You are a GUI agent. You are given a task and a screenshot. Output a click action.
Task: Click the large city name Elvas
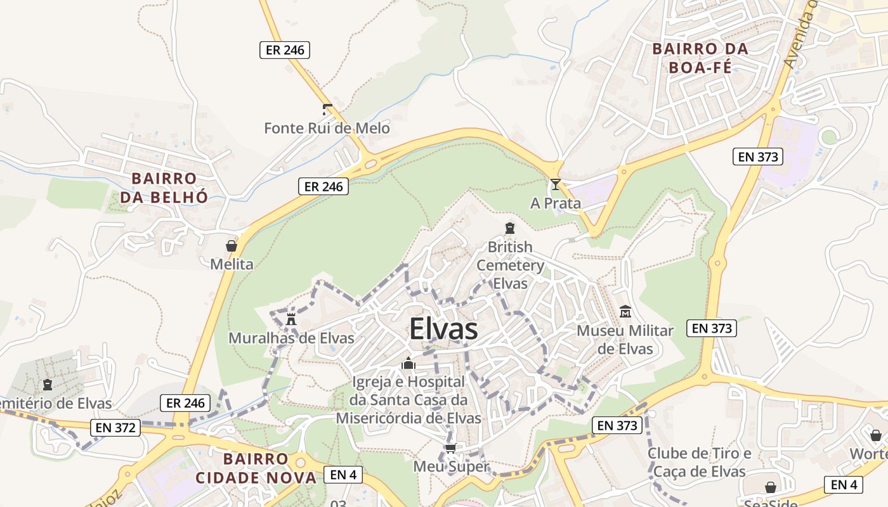click(x=443, y=329)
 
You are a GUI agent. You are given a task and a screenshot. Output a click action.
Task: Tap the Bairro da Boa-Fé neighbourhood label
click(x=700, y=58)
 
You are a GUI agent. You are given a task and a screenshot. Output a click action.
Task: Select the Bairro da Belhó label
click(x=164, y=188)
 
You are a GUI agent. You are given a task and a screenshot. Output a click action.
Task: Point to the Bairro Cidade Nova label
click(x=256, y=468)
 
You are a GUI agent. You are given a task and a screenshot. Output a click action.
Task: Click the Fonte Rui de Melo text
click(x=327, y=129)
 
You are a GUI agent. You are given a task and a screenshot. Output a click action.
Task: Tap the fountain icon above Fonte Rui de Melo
click(x=327, y=109)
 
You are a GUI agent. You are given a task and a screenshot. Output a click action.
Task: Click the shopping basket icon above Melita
click(x=232, y=246)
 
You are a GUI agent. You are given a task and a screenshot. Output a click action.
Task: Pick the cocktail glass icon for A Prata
click(x=556, y=184)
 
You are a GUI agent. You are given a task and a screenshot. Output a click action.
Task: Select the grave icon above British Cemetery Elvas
click(x=510, y=228)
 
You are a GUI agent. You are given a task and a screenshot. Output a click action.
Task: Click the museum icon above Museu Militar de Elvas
click(x=625, y=312)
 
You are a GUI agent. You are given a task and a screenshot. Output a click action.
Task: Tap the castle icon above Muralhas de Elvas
click(x=291, y=319)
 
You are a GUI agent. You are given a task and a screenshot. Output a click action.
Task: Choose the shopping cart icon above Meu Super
click(x=451, y=449)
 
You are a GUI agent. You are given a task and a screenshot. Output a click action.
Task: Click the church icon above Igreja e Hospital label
click(x=408, y=364)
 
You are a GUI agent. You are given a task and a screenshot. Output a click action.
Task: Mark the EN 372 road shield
click(x=115, y=428)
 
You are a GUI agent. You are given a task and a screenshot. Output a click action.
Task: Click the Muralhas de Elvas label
click(x=291, y=338)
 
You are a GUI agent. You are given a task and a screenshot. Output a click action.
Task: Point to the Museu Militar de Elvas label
click(x=625, y=340)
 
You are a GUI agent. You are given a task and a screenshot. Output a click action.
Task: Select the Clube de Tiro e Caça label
click(x=699, y=463)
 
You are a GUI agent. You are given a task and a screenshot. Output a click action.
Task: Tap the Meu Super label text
click(x=451, y=467)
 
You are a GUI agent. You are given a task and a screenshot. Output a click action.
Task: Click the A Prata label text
click(x=556, y=203)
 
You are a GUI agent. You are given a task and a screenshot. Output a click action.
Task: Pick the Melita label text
click(x=232, y=264)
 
